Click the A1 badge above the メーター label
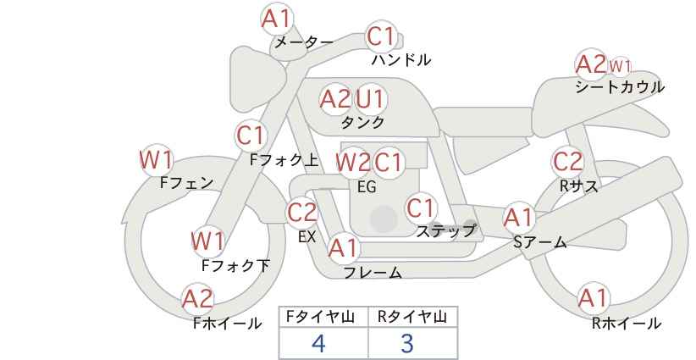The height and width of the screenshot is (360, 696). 276,19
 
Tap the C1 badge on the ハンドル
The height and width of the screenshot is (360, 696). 381,36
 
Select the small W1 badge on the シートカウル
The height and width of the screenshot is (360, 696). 620,66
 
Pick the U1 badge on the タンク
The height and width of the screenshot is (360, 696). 370,99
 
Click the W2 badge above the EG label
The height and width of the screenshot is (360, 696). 353,163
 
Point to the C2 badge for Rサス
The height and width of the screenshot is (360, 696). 567,162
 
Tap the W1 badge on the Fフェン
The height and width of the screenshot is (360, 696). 157,160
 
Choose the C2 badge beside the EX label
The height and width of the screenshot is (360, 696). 302,213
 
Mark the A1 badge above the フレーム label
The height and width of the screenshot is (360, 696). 343,248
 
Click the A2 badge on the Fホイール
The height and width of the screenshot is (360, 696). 198,299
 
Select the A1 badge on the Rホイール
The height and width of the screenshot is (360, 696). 593,298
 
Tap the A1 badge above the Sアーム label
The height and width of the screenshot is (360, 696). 518,218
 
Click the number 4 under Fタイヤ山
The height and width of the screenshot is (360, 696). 318,343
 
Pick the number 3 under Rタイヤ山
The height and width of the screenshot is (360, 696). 407,343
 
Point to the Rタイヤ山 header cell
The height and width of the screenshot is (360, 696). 413,318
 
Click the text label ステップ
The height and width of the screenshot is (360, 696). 445,230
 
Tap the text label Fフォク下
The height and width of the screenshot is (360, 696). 235,265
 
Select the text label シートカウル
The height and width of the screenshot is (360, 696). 620,86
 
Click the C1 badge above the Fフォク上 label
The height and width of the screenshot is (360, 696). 251,136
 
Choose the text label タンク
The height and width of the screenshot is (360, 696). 362,122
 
